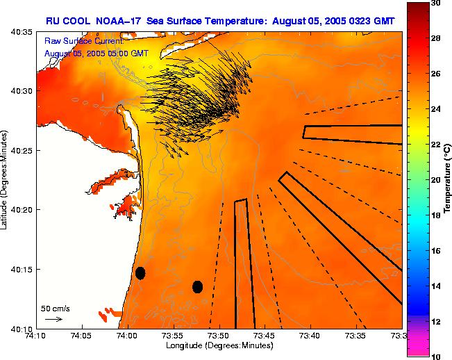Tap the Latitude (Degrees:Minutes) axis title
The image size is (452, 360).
click(x=6, y=180)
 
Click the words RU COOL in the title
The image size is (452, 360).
click(x=68, y=22)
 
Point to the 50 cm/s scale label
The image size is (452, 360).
click(x=55, y=308)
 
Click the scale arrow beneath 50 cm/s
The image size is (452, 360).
click(x=53, y=319)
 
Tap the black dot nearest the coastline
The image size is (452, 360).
click(x=140, y=272)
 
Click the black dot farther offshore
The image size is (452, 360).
click(x=197, y=286)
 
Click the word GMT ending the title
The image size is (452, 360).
click(x=385, y=22)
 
